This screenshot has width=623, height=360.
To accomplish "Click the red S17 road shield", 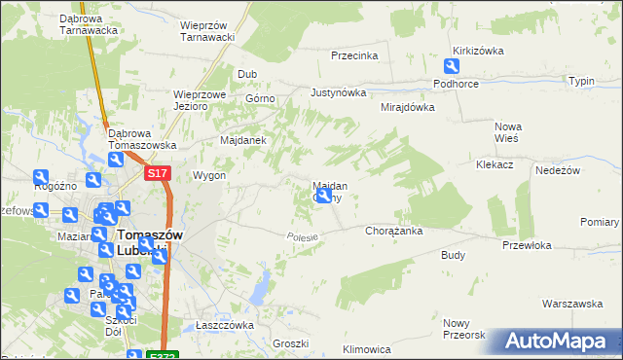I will point(159,173).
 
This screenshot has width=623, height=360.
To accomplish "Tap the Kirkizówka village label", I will point(476,51).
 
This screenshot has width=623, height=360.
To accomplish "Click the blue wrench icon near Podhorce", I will point(452,66).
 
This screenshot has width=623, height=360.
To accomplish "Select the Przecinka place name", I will point(353,55).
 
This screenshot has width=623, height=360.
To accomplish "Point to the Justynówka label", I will point(338,93).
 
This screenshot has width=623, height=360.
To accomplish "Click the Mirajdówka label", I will point(407,107).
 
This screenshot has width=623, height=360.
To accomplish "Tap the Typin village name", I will point(582,81).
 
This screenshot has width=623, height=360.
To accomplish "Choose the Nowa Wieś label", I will point(509,133).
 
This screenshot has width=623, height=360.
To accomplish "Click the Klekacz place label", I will point(495,165).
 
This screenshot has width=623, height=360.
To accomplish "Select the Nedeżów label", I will point(558,170).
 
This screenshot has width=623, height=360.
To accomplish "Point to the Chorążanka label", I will point(392,232).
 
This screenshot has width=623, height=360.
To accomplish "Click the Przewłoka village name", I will point(527,246).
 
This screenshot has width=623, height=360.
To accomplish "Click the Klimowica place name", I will point(367,348).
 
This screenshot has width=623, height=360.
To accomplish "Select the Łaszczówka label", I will point(224,325).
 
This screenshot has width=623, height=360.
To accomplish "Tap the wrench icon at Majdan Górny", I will point(325,197).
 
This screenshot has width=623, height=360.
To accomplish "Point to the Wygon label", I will point(209,175).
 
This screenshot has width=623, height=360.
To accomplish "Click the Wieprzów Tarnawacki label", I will point(209,31).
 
